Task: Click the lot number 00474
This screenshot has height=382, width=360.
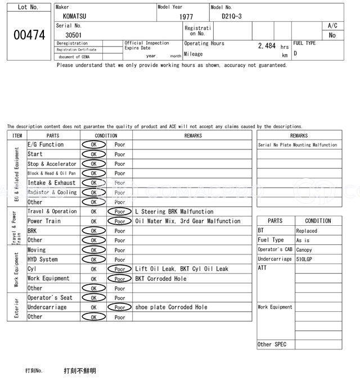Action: click(29, 35)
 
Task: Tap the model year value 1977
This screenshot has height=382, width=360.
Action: click(186, 17)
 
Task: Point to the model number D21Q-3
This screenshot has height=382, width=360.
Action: click(232, 16)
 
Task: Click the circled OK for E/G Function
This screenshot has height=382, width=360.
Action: click(93, 145)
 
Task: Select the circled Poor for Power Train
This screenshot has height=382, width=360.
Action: click(119, 221)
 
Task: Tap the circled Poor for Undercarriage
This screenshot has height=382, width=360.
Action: click(119, 307)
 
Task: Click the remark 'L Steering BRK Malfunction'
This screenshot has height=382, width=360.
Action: click(174, 212)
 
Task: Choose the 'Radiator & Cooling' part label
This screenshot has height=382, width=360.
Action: click(52, 193)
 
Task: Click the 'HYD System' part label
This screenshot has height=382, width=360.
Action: click(43, 260)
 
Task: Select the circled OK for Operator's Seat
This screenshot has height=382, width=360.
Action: click(93, 298)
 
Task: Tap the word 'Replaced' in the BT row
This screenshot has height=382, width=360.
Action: click(307, 231)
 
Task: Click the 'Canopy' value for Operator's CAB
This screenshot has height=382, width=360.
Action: click(304, 250)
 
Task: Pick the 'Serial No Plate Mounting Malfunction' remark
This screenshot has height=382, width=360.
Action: click(298, 145)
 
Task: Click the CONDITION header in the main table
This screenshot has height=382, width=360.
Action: click(106, 135)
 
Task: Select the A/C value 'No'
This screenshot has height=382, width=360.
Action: click(332, 35)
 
